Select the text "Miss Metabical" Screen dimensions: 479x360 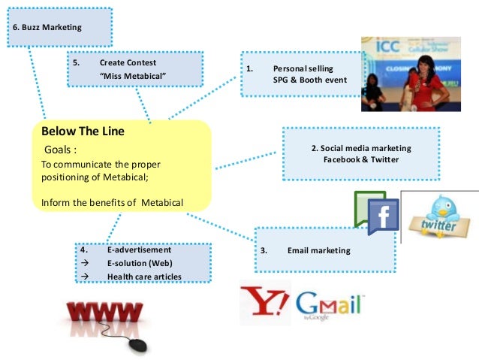132,77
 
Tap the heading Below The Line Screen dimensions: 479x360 83,132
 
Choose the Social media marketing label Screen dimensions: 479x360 362,148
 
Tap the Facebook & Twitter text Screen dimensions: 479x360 361,159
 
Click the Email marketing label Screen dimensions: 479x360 318,250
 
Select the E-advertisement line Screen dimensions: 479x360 140,250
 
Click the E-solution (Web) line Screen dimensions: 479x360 139,263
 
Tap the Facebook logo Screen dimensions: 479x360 382,216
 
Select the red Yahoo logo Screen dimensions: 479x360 264,302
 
